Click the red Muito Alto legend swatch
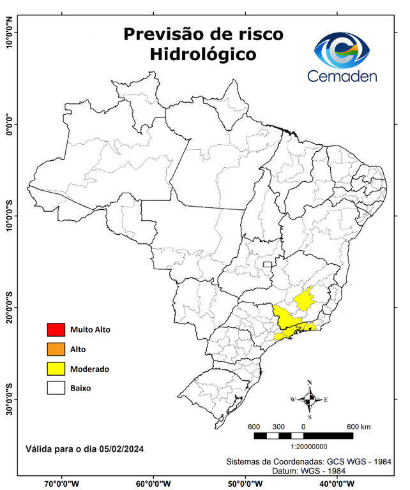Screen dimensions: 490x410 [x=56, y=330]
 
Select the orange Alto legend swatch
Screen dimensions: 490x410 [x=56, y=349]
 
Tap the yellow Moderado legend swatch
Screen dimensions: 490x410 [x=56, y=369]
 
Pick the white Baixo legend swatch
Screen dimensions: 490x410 [x=56, y=388]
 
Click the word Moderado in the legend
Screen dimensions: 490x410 [x=89, y=369]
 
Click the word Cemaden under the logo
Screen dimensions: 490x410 [x=342, y=77]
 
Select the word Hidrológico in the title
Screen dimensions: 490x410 [x=203, y=55]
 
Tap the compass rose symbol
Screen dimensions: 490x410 [x=309, y=400]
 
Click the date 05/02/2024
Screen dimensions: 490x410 [x=121, y=449]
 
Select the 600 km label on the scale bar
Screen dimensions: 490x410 [x=358, y=426]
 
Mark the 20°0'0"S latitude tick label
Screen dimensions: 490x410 [x=8, y=308]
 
